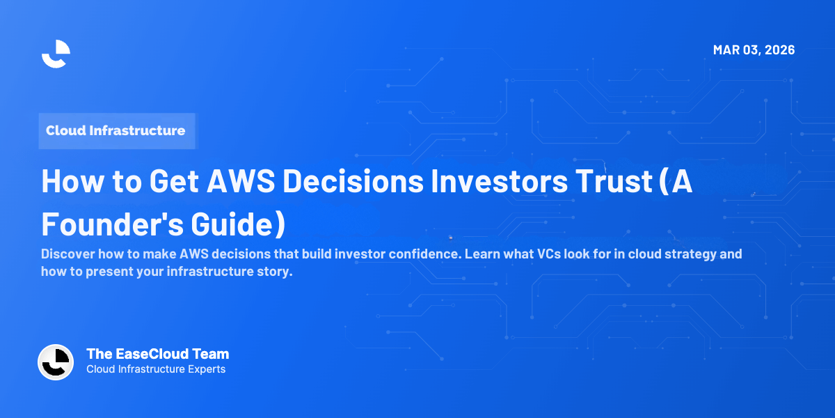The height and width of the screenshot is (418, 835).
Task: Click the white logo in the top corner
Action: click(56, 54)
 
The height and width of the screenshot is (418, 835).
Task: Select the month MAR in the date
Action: click(726, 50)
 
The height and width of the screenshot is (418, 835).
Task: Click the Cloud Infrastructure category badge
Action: click(116, 130)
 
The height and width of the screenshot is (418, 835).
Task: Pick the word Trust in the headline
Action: click(617, 181)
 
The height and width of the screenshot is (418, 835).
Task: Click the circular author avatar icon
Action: click(56, 362)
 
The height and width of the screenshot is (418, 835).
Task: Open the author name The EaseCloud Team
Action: click(157, 354)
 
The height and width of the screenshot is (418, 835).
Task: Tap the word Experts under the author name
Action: click(205, 369)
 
